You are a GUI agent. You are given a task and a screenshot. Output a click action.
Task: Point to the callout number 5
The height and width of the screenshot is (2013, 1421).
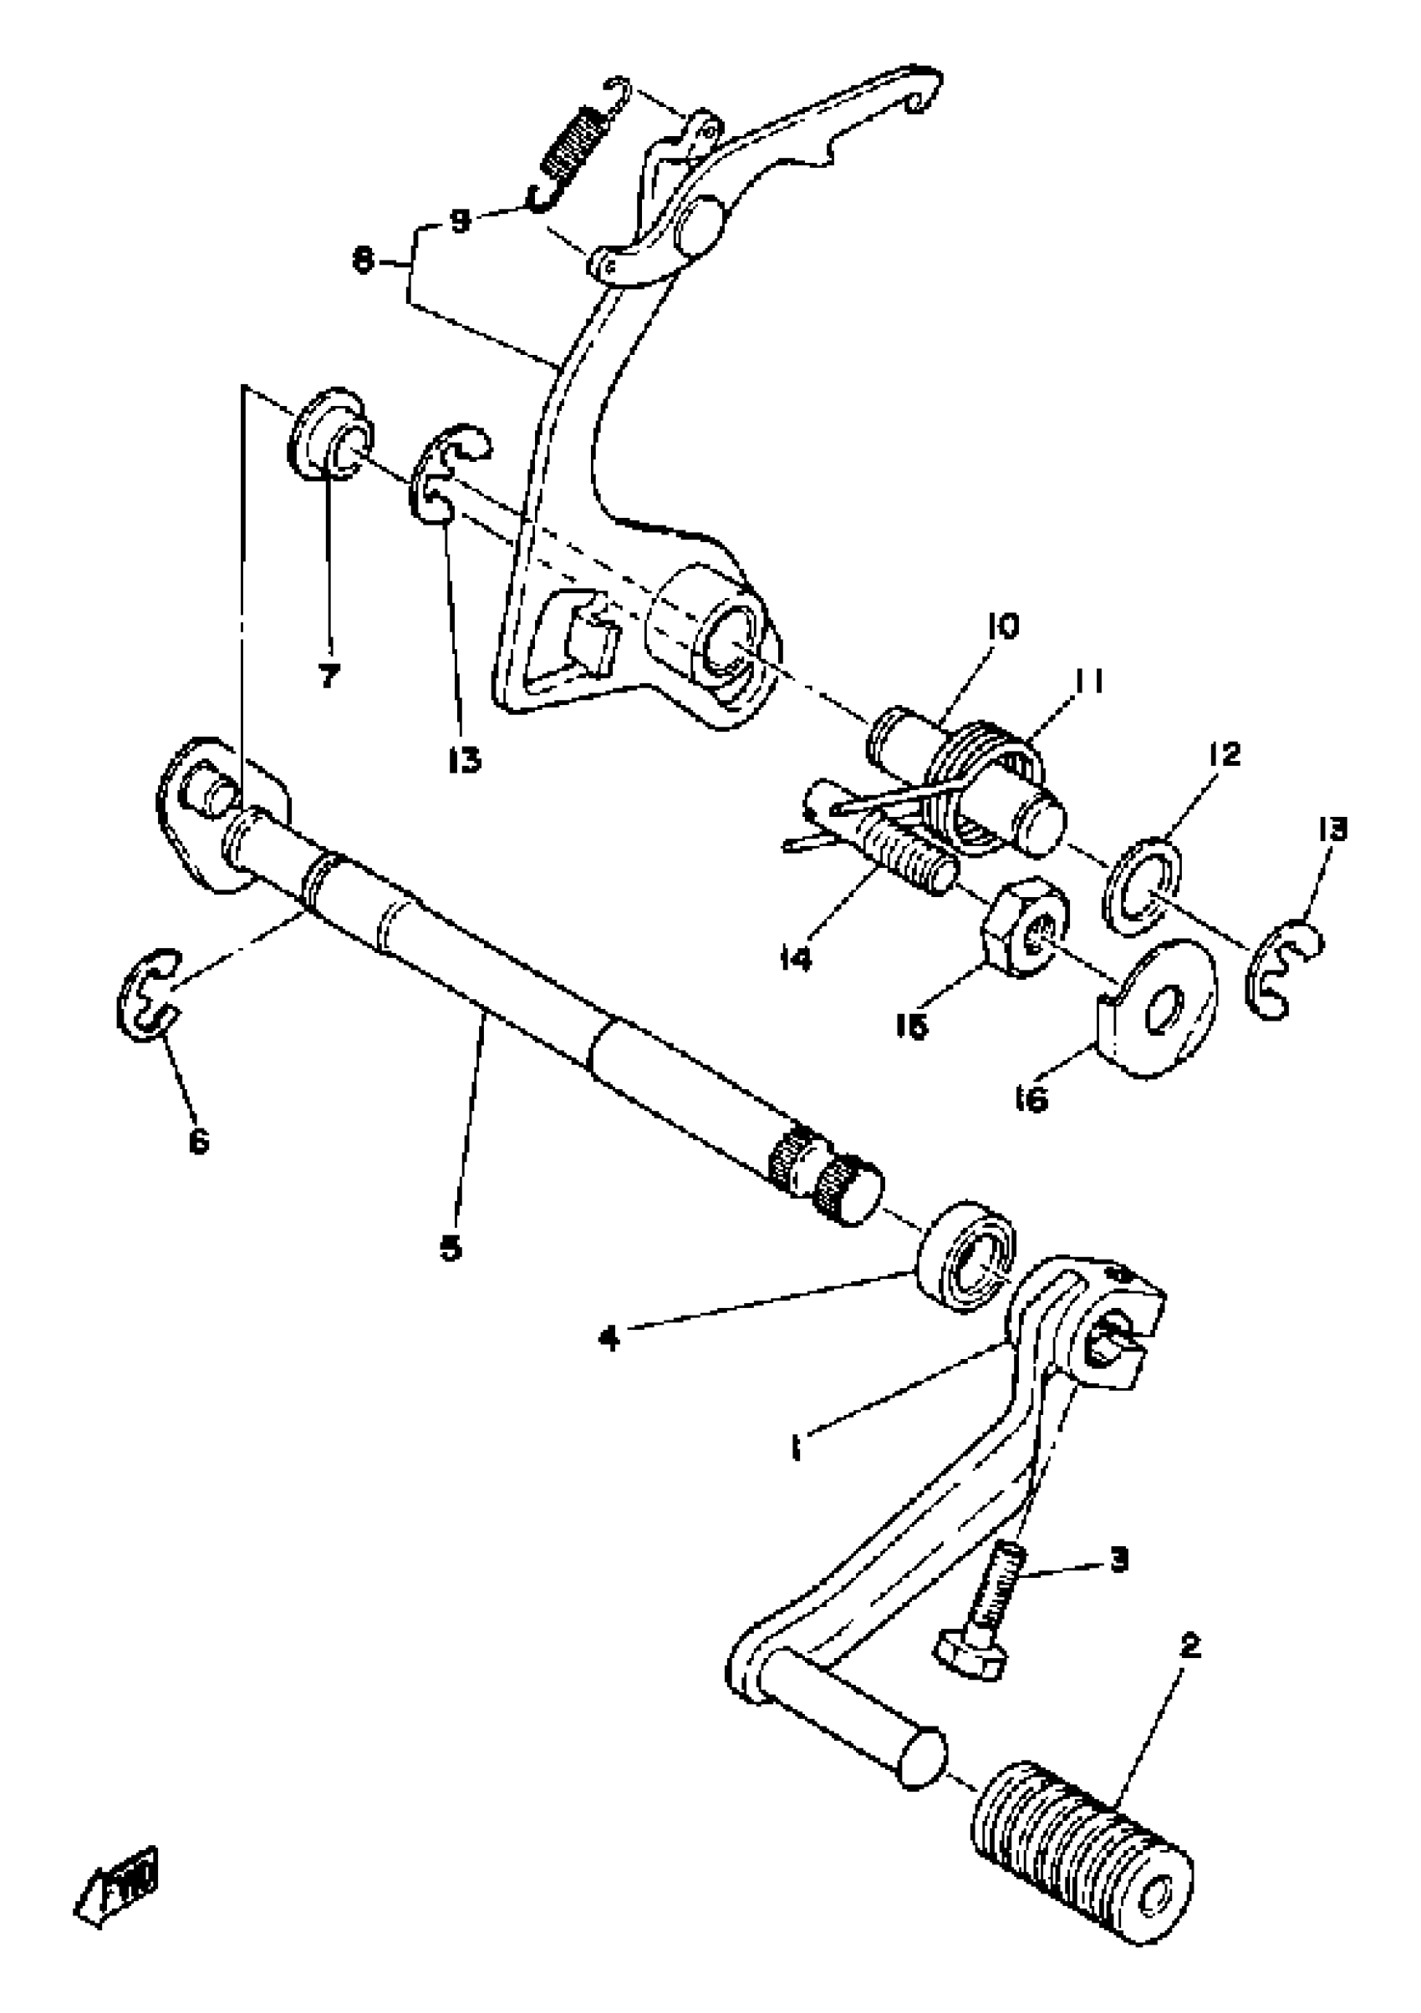click(x=451, y=1247)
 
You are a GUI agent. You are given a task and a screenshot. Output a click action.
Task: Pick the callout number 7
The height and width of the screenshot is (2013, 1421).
click(x=329, y=676)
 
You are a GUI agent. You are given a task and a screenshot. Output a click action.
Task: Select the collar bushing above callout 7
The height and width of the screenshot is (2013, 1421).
click(x=330, y=432)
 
